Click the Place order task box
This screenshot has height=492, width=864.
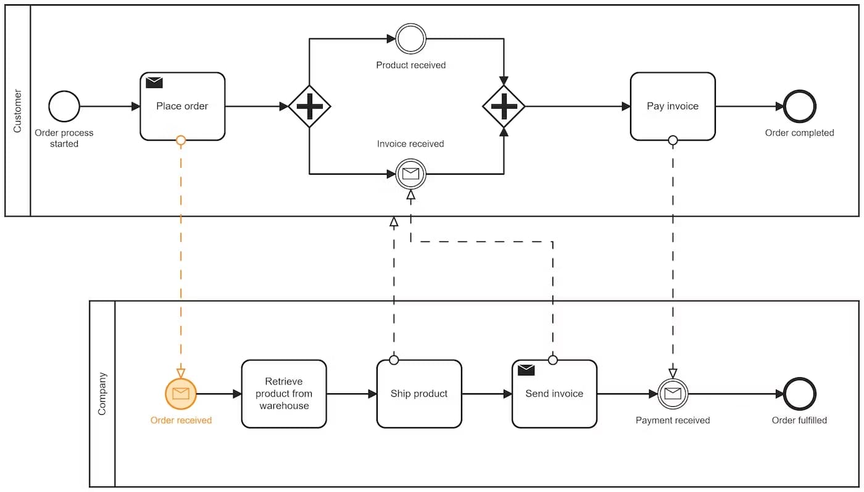tap(182, 106)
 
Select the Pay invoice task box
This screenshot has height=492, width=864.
tap(673, 106)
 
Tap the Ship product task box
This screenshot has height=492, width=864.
tap(419, 394)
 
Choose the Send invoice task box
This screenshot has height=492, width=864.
tap(554, 394)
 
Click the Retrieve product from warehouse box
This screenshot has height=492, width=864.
tap(284, 394)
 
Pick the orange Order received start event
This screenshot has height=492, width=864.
tap(181, 394)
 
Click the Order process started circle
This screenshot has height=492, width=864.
tap(64, 106)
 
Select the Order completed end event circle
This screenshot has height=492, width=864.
tap(800, 106)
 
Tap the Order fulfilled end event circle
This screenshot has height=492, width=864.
tap(800, 394)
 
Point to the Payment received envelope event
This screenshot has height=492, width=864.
tap(673, 394)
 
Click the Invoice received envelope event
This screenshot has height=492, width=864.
tap(411, 174)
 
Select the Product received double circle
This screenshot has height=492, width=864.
tap(411, 39)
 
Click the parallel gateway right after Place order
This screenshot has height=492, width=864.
tap(310, 106)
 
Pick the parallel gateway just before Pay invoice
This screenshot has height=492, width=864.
tap(504, 106)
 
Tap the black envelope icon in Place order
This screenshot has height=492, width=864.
tap(154, 82)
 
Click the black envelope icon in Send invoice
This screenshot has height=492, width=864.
tap(526, 370)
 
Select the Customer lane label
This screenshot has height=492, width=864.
tap(17, 111)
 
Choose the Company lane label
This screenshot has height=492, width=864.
tap(102, 393)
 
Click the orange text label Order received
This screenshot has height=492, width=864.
tap(181, 420)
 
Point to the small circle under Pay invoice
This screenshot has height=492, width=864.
tap(673, 140)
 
